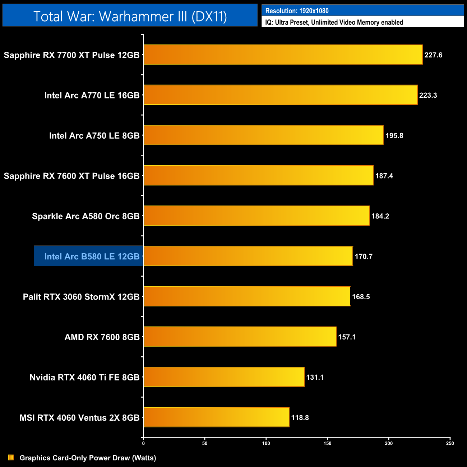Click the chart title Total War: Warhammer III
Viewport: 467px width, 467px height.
(x=130, y=16)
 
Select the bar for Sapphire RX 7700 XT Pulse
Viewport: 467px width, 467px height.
(x=283, y=55)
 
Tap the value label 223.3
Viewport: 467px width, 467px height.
(x=428, y=95)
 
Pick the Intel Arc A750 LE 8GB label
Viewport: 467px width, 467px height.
(x=94, y=135)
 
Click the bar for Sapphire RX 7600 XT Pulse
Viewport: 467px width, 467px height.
(x=259, y=176)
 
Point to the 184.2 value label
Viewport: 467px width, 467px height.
(x=380, y=216)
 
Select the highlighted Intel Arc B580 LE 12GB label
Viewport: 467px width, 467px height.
(x=92, y=256)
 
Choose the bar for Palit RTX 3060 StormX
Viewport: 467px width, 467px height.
(x=247, y=296)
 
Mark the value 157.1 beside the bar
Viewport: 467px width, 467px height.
(x=347, y=337)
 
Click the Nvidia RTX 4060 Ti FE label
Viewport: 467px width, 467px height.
(x=84, y=377)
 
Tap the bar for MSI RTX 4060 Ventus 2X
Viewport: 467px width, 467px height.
(x=216, y=417)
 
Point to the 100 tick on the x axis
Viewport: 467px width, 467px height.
(x=266, y=443)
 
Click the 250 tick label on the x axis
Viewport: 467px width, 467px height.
(x=450, y=443)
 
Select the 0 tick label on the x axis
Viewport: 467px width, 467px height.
(x=143, y=443)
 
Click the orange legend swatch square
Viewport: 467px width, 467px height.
(x=11, y=458)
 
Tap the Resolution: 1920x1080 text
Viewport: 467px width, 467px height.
(x=297, y=11)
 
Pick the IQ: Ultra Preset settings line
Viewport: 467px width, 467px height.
(x=334, y=22)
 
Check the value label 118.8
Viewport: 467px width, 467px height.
(x=300, y=417)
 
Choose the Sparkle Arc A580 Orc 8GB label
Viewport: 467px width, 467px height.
(x=85, y=216)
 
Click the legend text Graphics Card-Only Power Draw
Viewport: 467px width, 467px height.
(x=88, y=458)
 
